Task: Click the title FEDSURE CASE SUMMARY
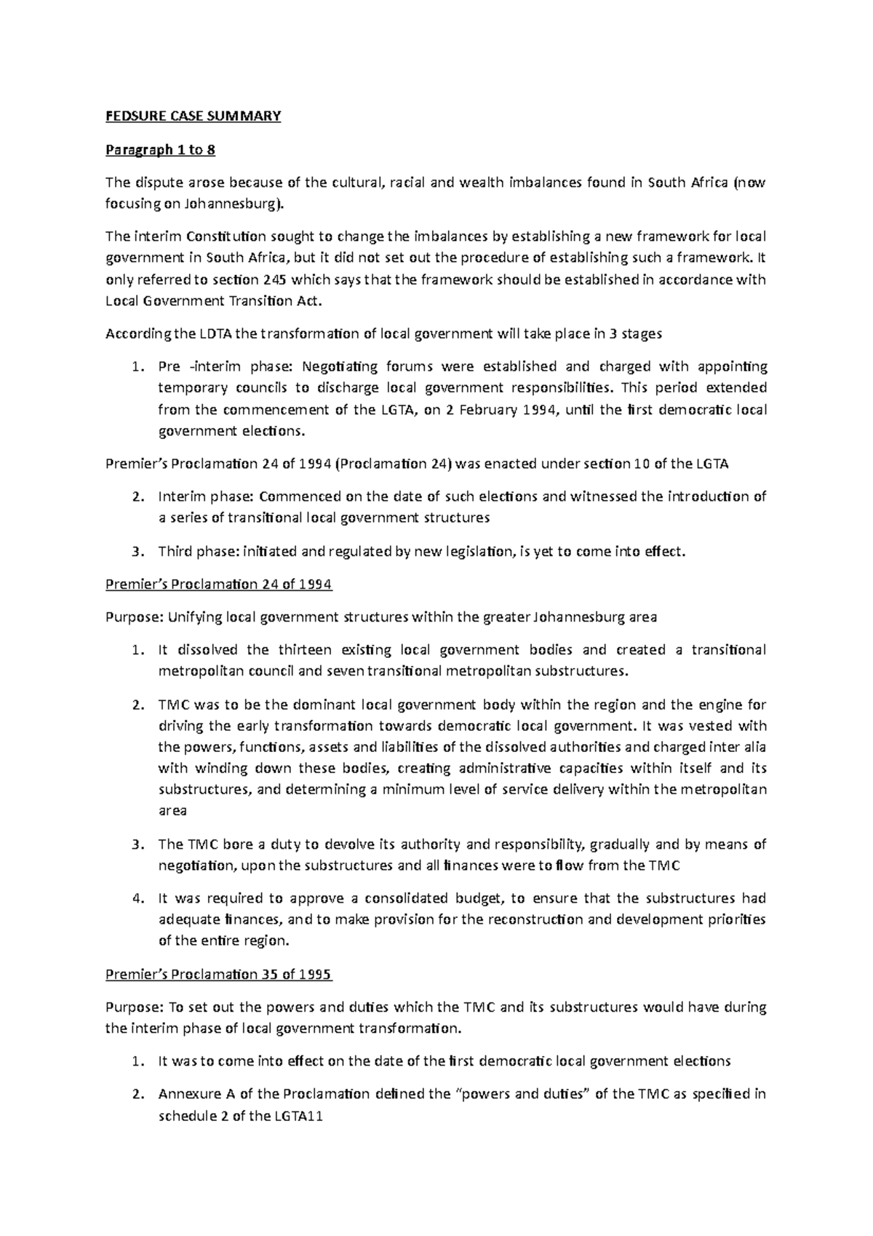(x=193, y=116)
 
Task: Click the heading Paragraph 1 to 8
(x=160, y=150)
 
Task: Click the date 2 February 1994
(x=498, y=409)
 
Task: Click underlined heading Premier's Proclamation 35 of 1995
(x=218, y=974)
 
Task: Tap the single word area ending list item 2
(x=172, y=811)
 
